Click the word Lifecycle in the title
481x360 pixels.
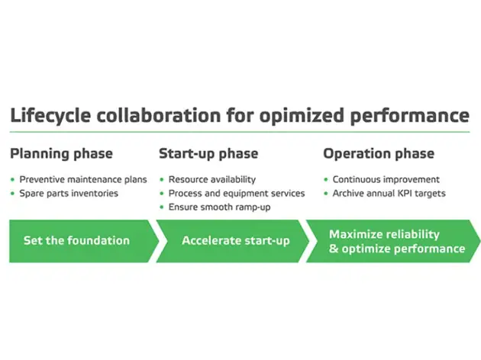47,117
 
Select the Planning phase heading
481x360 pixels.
61,154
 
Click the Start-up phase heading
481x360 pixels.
208,154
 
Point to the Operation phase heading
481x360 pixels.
379,154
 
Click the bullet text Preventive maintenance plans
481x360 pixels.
83,179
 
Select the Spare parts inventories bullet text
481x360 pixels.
69,193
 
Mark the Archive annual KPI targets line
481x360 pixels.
389,193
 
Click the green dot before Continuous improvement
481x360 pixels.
325,179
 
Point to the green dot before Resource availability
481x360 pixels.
162,179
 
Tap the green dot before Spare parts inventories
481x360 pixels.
13,193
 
